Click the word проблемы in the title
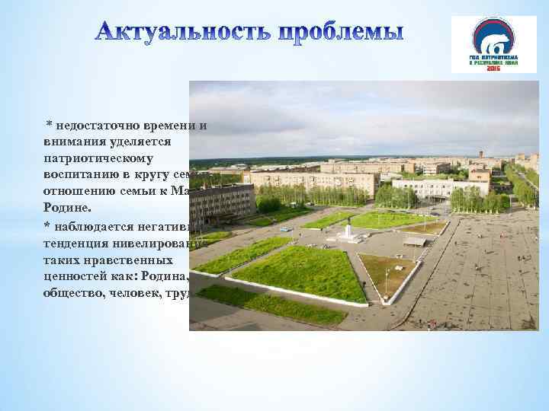coord(340,33)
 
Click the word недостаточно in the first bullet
coord(96,125)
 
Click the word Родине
coord(67,209)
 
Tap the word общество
coord(74,292)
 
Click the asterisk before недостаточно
coord(48,123)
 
